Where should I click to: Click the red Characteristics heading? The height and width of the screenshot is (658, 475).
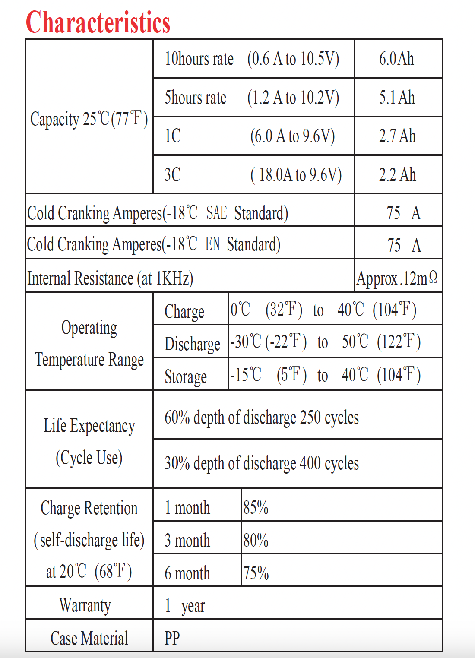tap(98, 22)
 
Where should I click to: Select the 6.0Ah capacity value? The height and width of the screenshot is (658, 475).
tap(396, 59)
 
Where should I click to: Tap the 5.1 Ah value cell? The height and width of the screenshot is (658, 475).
tap(397, 98)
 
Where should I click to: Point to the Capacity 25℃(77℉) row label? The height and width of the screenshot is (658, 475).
tap(89, 119)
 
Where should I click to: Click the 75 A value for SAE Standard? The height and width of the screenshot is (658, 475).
tap(403, 213)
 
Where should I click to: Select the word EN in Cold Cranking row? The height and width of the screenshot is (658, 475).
tap(212, 244)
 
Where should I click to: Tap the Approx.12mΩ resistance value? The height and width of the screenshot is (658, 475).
tap(397, 278)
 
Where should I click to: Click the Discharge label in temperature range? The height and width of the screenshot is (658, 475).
tap(192, 344)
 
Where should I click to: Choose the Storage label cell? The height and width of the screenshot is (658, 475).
tap(186, 377)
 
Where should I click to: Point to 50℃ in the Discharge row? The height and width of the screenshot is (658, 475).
tap(355, 342)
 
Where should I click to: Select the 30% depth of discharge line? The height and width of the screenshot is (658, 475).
tap(261, 463)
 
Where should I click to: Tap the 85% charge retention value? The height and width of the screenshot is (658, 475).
tap(256, 508)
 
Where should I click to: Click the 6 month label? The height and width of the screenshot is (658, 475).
tap(187, 573)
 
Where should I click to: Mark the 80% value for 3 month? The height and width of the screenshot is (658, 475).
tap(256, 541)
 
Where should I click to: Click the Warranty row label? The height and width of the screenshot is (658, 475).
tap(85, 605)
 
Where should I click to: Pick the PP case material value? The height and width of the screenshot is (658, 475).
tap(172, 638)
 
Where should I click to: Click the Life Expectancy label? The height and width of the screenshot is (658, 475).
tap(89, 426)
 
